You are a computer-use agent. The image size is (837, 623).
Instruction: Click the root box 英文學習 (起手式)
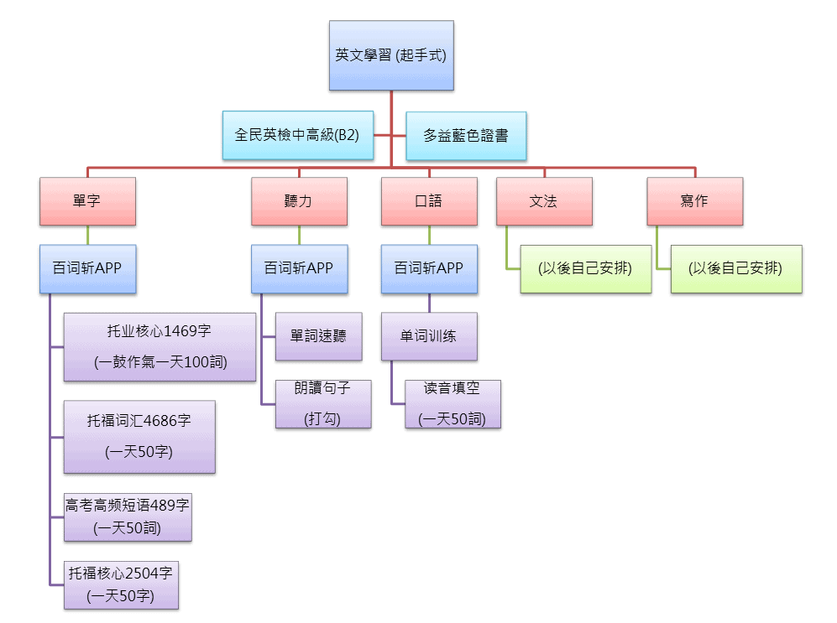391,56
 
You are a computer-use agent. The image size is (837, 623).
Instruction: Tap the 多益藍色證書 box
466,135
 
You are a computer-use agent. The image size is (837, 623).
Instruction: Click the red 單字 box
87,201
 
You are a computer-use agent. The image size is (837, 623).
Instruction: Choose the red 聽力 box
299,201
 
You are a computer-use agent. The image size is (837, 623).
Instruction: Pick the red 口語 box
429,201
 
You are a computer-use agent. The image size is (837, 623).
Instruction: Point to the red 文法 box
543,201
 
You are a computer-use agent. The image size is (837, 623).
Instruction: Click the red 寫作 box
694,201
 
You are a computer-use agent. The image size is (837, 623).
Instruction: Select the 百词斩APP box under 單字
87,268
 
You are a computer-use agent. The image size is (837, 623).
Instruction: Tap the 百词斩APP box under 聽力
299,268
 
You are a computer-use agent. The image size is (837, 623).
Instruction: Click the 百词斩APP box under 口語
429,268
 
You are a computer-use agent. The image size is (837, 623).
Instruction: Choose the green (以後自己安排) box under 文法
585,268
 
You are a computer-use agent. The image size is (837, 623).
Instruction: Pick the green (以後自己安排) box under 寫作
735,268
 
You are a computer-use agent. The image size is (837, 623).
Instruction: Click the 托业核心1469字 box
160,346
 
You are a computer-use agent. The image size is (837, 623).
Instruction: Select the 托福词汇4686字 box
139,436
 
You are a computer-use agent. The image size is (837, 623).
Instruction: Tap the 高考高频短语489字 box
128,517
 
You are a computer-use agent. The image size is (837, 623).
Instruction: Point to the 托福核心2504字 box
121,584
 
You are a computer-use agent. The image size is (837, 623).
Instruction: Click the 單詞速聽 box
319,336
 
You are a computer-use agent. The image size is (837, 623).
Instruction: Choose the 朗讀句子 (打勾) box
323,404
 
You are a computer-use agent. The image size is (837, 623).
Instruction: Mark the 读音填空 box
453,404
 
